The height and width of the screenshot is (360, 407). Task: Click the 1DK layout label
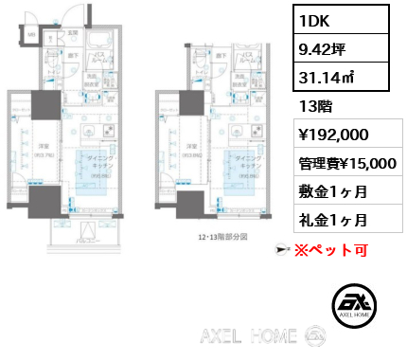pos(314,19)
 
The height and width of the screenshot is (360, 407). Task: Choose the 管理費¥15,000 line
pos(346,163)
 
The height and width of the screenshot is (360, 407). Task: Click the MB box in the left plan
pos(30,36)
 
